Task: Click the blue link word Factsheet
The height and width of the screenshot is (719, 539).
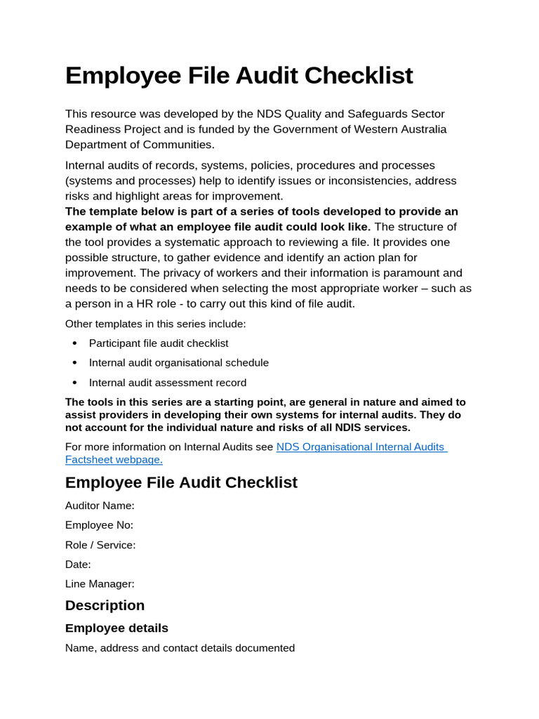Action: [89, 459]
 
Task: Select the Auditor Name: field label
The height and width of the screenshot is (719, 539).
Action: [100, 505]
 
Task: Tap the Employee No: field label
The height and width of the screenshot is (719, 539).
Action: [99, 525]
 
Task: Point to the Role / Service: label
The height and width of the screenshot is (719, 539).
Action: [100, 544]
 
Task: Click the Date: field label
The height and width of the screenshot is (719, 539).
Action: [78, 564]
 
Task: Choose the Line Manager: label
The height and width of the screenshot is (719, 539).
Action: [100, 583]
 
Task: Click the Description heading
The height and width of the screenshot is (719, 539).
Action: [105, 605]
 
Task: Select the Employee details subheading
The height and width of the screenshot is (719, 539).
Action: [117, 628]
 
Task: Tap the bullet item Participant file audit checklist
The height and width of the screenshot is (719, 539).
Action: [158, 343]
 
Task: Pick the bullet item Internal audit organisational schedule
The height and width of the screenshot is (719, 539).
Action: [178, 363]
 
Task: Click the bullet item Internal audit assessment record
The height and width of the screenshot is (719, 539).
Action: [167, 383]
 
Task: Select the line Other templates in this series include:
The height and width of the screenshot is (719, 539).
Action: [155, 324]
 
